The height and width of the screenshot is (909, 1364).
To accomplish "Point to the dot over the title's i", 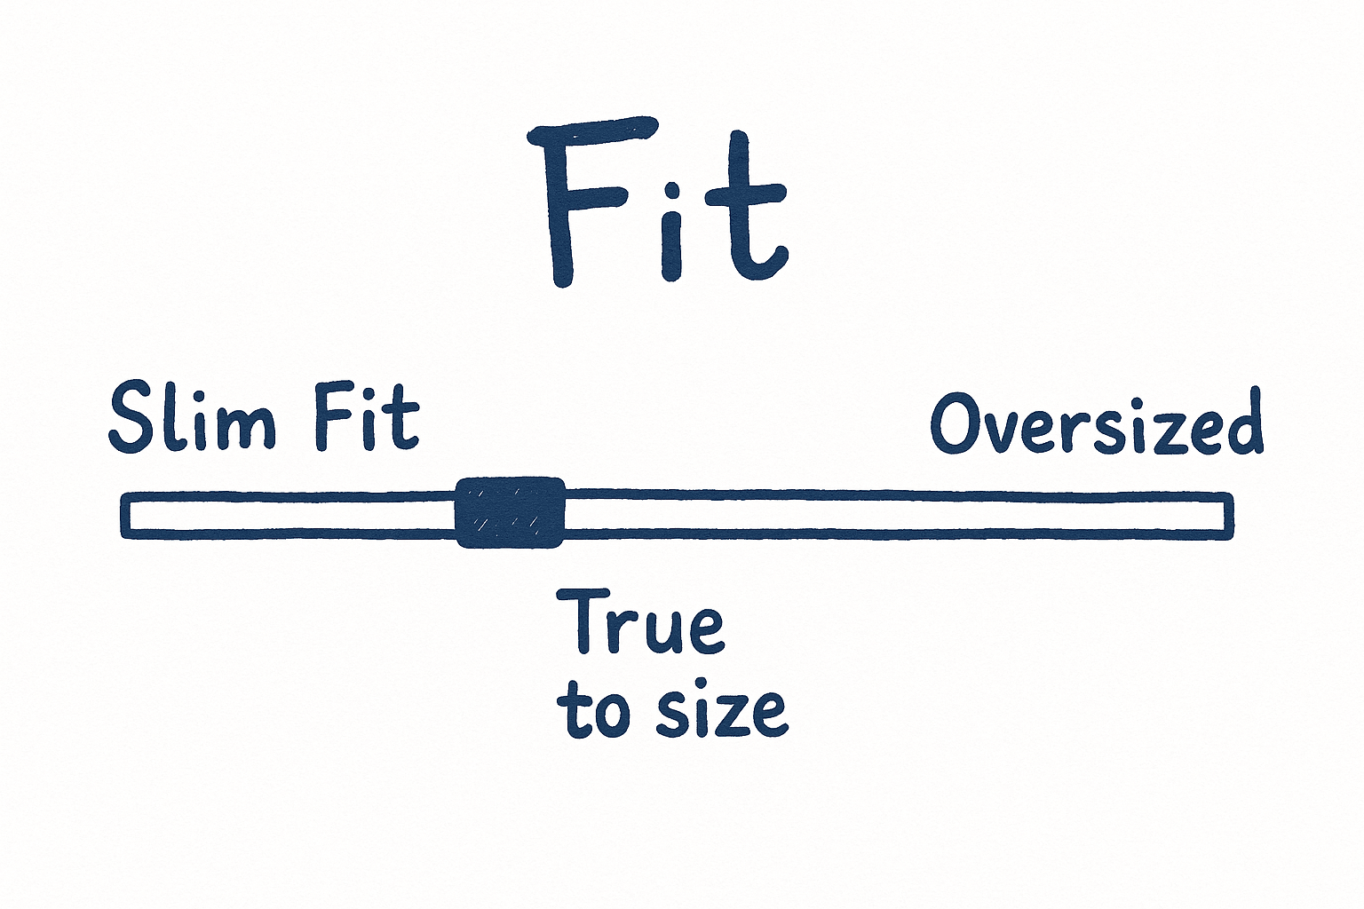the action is point(671,191).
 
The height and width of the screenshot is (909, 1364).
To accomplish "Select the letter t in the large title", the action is point(746,206).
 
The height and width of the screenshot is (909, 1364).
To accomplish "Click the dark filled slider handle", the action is point(511,513).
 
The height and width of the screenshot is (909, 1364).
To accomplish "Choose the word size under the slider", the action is point(723,716).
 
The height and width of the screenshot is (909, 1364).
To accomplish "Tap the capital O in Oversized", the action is point(958,423).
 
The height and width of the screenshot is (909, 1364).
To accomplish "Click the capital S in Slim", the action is point(132,418).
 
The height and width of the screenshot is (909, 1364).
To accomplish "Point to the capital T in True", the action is point(583,621).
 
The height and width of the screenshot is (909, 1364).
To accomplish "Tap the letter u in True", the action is point(662,632).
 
